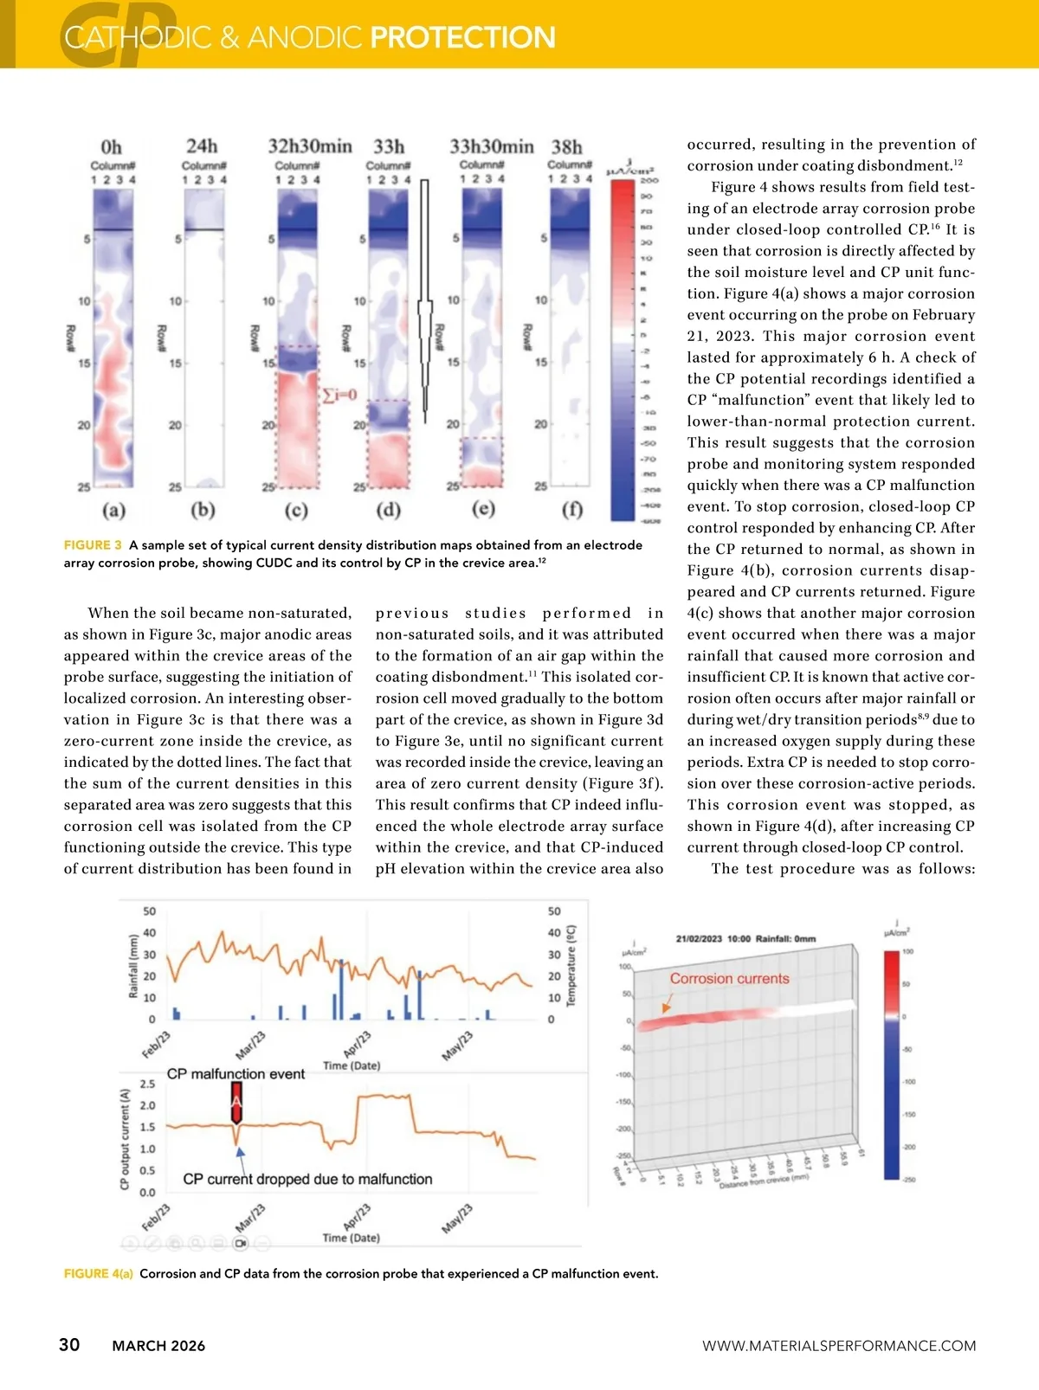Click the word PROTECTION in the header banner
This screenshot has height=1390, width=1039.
[462, 37]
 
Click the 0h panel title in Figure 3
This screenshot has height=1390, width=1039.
[112, 147]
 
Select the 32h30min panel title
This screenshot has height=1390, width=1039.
[310, 146]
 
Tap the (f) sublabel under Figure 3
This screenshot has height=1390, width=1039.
[572, 509]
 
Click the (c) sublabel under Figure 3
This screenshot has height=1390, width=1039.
[296, 510]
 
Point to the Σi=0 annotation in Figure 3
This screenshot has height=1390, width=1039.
[339, 396]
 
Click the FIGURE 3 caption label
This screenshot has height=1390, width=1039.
[93, 545]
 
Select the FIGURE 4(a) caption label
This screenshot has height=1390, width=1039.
[98, 1274]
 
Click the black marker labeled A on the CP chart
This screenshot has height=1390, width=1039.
[236, 1101]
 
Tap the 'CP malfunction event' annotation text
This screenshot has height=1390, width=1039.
[236, 1074]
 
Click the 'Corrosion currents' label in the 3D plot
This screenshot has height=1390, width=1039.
[729, 979]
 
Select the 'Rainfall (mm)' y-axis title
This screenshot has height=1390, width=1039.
[134, 966]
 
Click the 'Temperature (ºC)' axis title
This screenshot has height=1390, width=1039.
[571, 965]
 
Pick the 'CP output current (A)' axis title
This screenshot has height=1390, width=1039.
[125, 1138]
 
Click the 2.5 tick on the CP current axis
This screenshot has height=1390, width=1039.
[147, 1084]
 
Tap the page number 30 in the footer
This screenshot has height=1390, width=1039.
[69, 1344]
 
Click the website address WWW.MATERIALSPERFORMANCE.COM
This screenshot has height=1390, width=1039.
[838, 1346]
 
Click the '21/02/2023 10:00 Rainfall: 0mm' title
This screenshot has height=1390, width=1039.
[745, 939]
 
